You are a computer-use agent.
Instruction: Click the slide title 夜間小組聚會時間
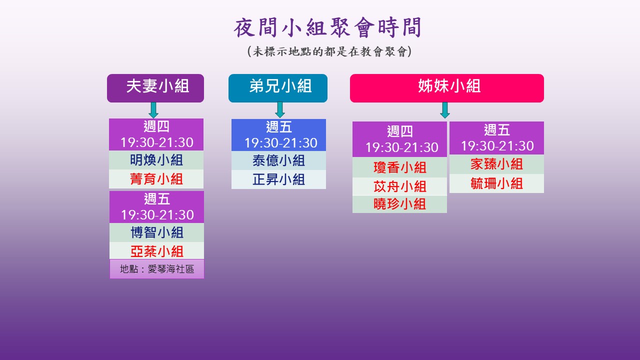point(327,27)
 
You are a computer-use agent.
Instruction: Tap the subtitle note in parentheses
point(329,51)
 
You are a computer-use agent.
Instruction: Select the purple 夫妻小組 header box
point(155,88)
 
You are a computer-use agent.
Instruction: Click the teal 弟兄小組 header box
point(278,88)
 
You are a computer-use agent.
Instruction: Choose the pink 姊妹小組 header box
point(447,88)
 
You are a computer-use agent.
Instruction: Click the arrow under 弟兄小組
point(279,110)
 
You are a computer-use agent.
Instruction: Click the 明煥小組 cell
point(156,160)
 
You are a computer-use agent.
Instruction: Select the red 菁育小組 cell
point(156,179)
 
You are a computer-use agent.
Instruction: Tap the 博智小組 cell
point(157,232)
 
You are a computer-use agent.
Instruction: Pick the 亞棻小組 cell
point(157,251)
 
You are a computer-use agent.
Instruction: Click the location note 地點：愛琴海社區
point(157,269)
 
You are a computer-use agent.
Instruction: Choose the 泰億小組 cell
point(278,160)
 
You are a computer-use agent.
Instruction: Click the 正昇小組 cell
point(278,179)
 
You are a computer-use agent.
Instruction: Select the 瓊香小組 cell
point(399,167)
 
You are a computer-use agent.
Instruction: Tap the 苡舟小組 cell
point(399,186)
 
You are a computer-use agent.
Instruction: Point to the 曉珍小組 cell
point(399,204)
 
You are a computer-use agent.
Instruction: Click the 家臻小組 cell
point(496,164)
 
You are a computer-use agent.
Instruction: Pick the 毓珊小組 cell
point(496,183)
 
